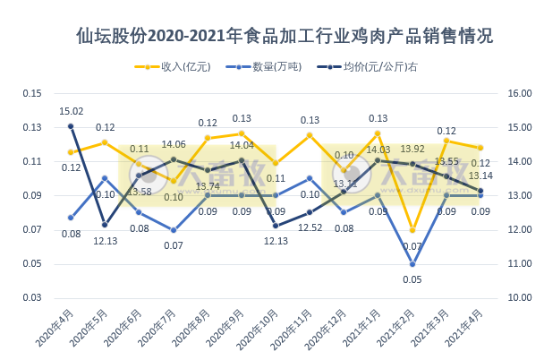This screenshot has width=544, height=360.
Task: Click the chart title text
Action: [x=285, y=38]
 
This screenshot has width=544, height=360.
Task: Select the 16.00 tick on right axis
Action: [x=520, y=93]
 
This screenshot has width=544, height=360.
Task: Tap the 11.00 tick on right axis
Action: [x=520, y=263]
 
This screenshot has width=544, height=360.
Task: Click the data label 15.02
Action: [x=72, y=111]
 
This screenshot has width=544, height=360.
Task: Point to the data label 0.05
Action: [x=412, y=279]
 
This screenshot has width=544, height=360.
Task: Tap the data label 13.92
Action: [x=412, y=149]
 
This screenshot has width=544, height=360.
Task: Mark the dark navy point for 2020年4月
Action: [x=71, y=126]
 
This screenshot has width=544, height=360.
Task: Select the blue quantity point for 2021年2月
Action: [x=412, y=263]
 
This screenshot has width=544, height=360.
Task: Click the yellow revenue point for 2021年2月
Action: [x=412, y=230]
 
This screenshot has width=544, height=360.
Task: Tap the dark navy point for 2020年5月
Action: [x=105, y=225]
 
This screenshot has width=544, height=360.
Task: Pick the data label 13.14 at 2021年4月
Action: [x=480, y=176]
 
